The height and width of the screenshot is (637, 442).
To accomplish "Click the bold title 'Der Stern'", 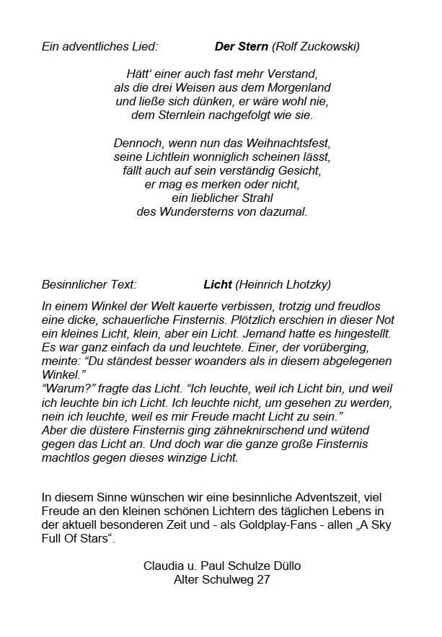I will [x=242, y=47].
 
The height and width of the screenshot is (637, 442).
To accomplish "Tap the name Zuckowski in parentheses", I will [x=327, y=47].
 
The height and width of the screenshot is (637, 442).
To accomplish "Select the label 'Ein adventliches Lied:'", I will [x=100, y=47].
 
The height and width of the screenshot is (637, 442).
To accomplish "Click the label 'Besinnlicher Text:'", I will [x=89, y=284].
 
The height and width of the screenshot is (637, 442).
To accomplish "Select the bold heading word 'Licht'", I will [x=217, y=284].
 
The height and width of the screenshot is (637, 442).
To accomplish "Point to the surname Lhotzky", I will [x=304, y=284].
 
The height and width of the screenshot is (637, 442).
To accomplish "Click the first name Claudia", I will [x=165, y=566].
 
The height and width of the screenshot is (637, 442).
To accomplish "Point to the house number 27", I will [x=264, y=579].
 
